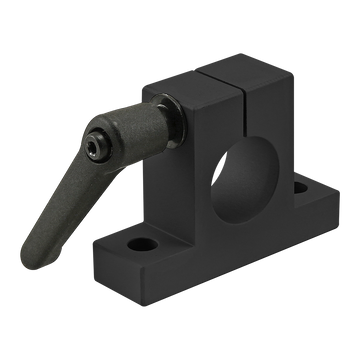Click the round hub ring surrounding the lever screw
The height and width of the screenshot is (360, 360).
[x=100, y=140]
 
